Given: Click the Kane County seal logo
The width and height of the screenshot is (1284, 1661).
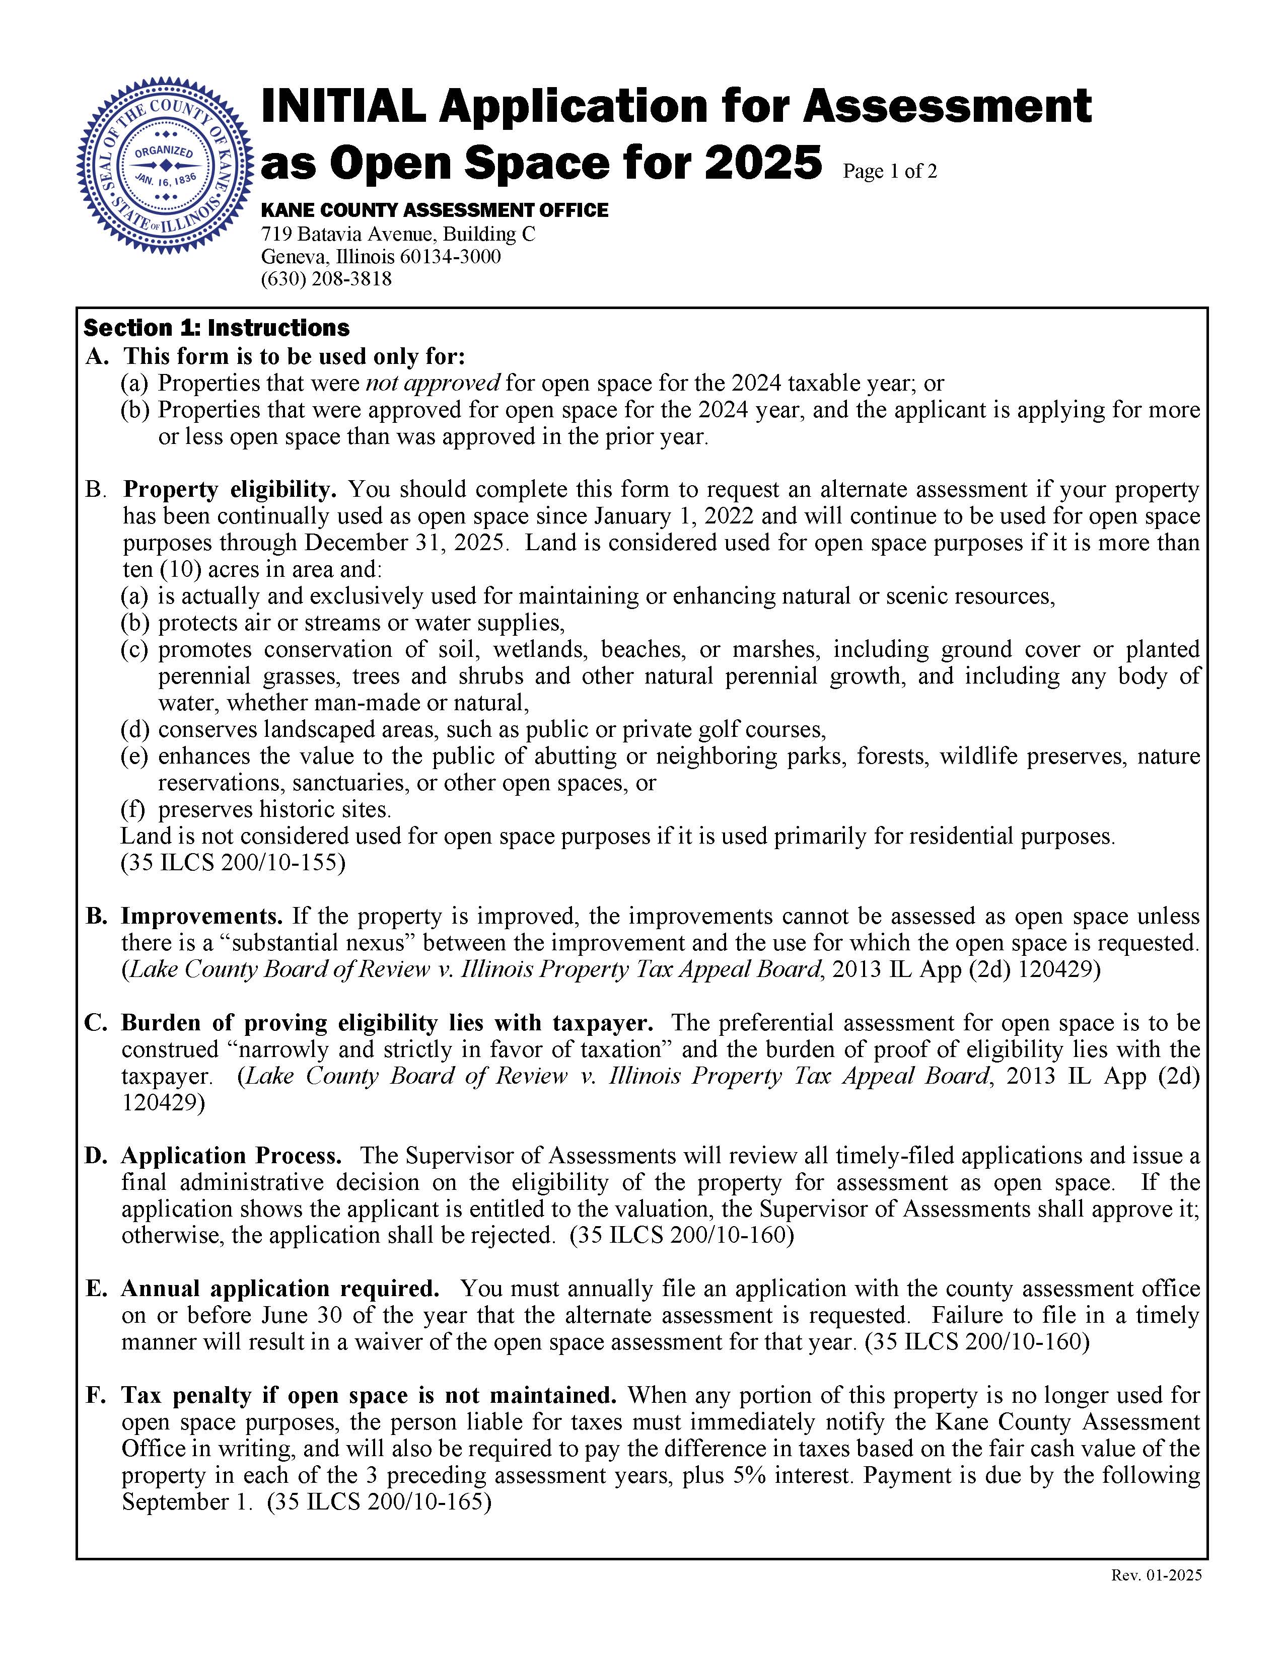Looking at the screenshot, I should tap(164, 164).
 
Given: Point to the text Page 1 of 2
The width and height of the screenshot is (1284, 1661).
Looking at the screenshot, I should tap(889, 172).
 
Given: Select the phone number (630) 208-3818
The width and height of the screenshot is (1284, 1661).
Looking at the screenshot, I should tap(326, 279).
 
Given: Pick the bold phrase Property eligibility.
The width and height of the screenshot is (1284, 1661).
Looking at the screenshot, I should tap(230, 489).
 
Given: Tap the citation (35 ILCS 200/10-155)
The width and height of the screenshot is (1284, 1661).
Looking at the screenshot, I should tap(233, 863).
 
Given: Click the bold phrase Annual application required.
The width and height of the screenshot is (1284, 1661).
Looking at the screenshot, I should tap(280, 1289).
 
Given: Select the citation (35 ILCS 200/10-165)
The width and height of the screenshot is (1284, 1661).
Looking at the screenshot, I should tap(379, 1502).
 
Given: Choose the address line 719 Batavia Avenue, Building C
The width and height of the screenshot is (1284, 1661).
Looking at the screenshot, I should tap(398, 234).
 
